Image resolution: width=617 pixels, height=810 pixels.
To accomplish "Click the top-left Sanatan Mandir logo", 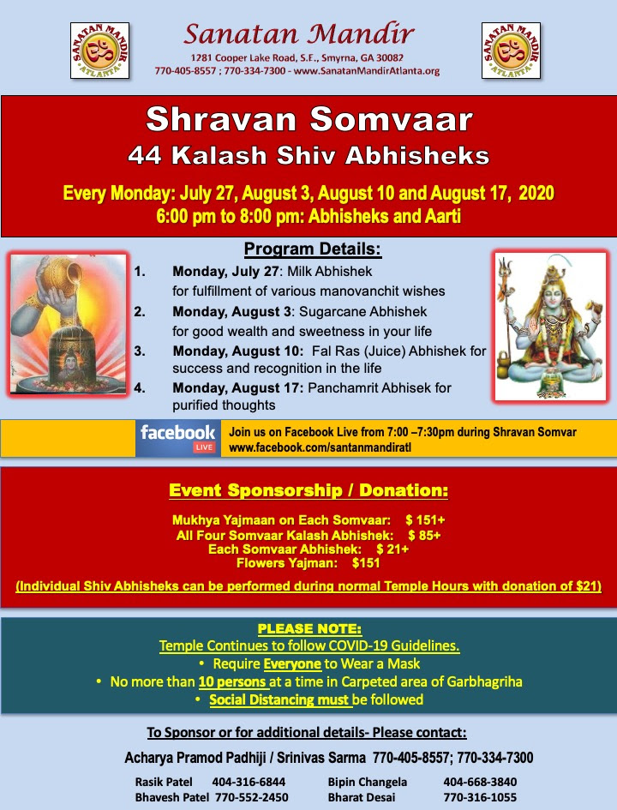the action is [99, 50].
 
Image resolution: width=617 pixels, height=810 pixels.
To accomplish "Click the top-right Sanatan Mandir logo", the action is [511, 50].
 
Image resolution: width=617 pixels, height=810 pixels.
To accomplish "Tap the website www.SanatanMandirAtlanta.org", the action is [367, 71].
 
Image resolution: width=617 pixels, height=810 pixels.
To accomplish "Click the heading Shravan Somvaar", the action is [308, 119].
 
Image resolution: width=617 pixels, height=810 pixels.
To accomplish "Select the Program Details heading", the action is [313, 249].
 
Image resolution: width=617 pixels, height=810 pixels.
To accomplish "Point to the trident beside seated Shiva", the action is [506, 310].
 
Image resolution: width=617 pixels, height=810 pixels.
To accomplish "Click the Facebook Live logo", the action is [178, 438].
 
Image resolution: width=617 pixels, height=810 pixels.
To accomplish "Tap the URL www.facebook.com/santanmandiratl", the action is [320, 447].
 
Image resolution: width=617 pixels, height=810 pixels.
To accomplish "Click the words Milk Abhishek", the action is [329, 271].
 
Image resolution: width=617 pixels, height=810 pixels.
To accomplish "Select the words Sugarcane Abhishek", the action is [363, 311].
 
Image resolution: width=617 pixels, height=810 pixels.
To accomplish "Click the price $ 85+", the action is [424, 535].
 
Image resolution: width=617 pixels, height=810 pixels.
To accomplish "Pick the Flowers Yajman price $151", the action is [366, 563].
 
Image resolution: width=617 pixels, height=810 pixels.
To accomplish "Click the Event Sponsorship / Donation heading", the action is [308, 490].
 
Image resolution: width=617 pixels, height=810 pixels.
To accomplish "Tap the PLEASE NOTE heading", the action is [310, 628].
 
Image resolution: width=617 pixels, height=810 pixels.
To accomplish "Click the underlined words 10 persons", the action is [233, 682].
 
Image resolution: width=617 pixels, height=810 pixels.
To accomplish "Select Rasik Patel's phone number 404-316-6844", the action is [249, 782].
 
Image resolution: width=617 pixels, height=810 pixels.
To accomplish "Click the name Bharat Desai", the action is [362, 798].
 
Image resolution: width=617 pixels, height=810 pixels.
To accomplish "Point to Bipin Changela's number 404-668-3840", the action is [480, 782].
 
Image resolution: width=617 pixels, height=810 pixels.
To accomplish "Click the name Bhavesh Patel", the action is [172, 798].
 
